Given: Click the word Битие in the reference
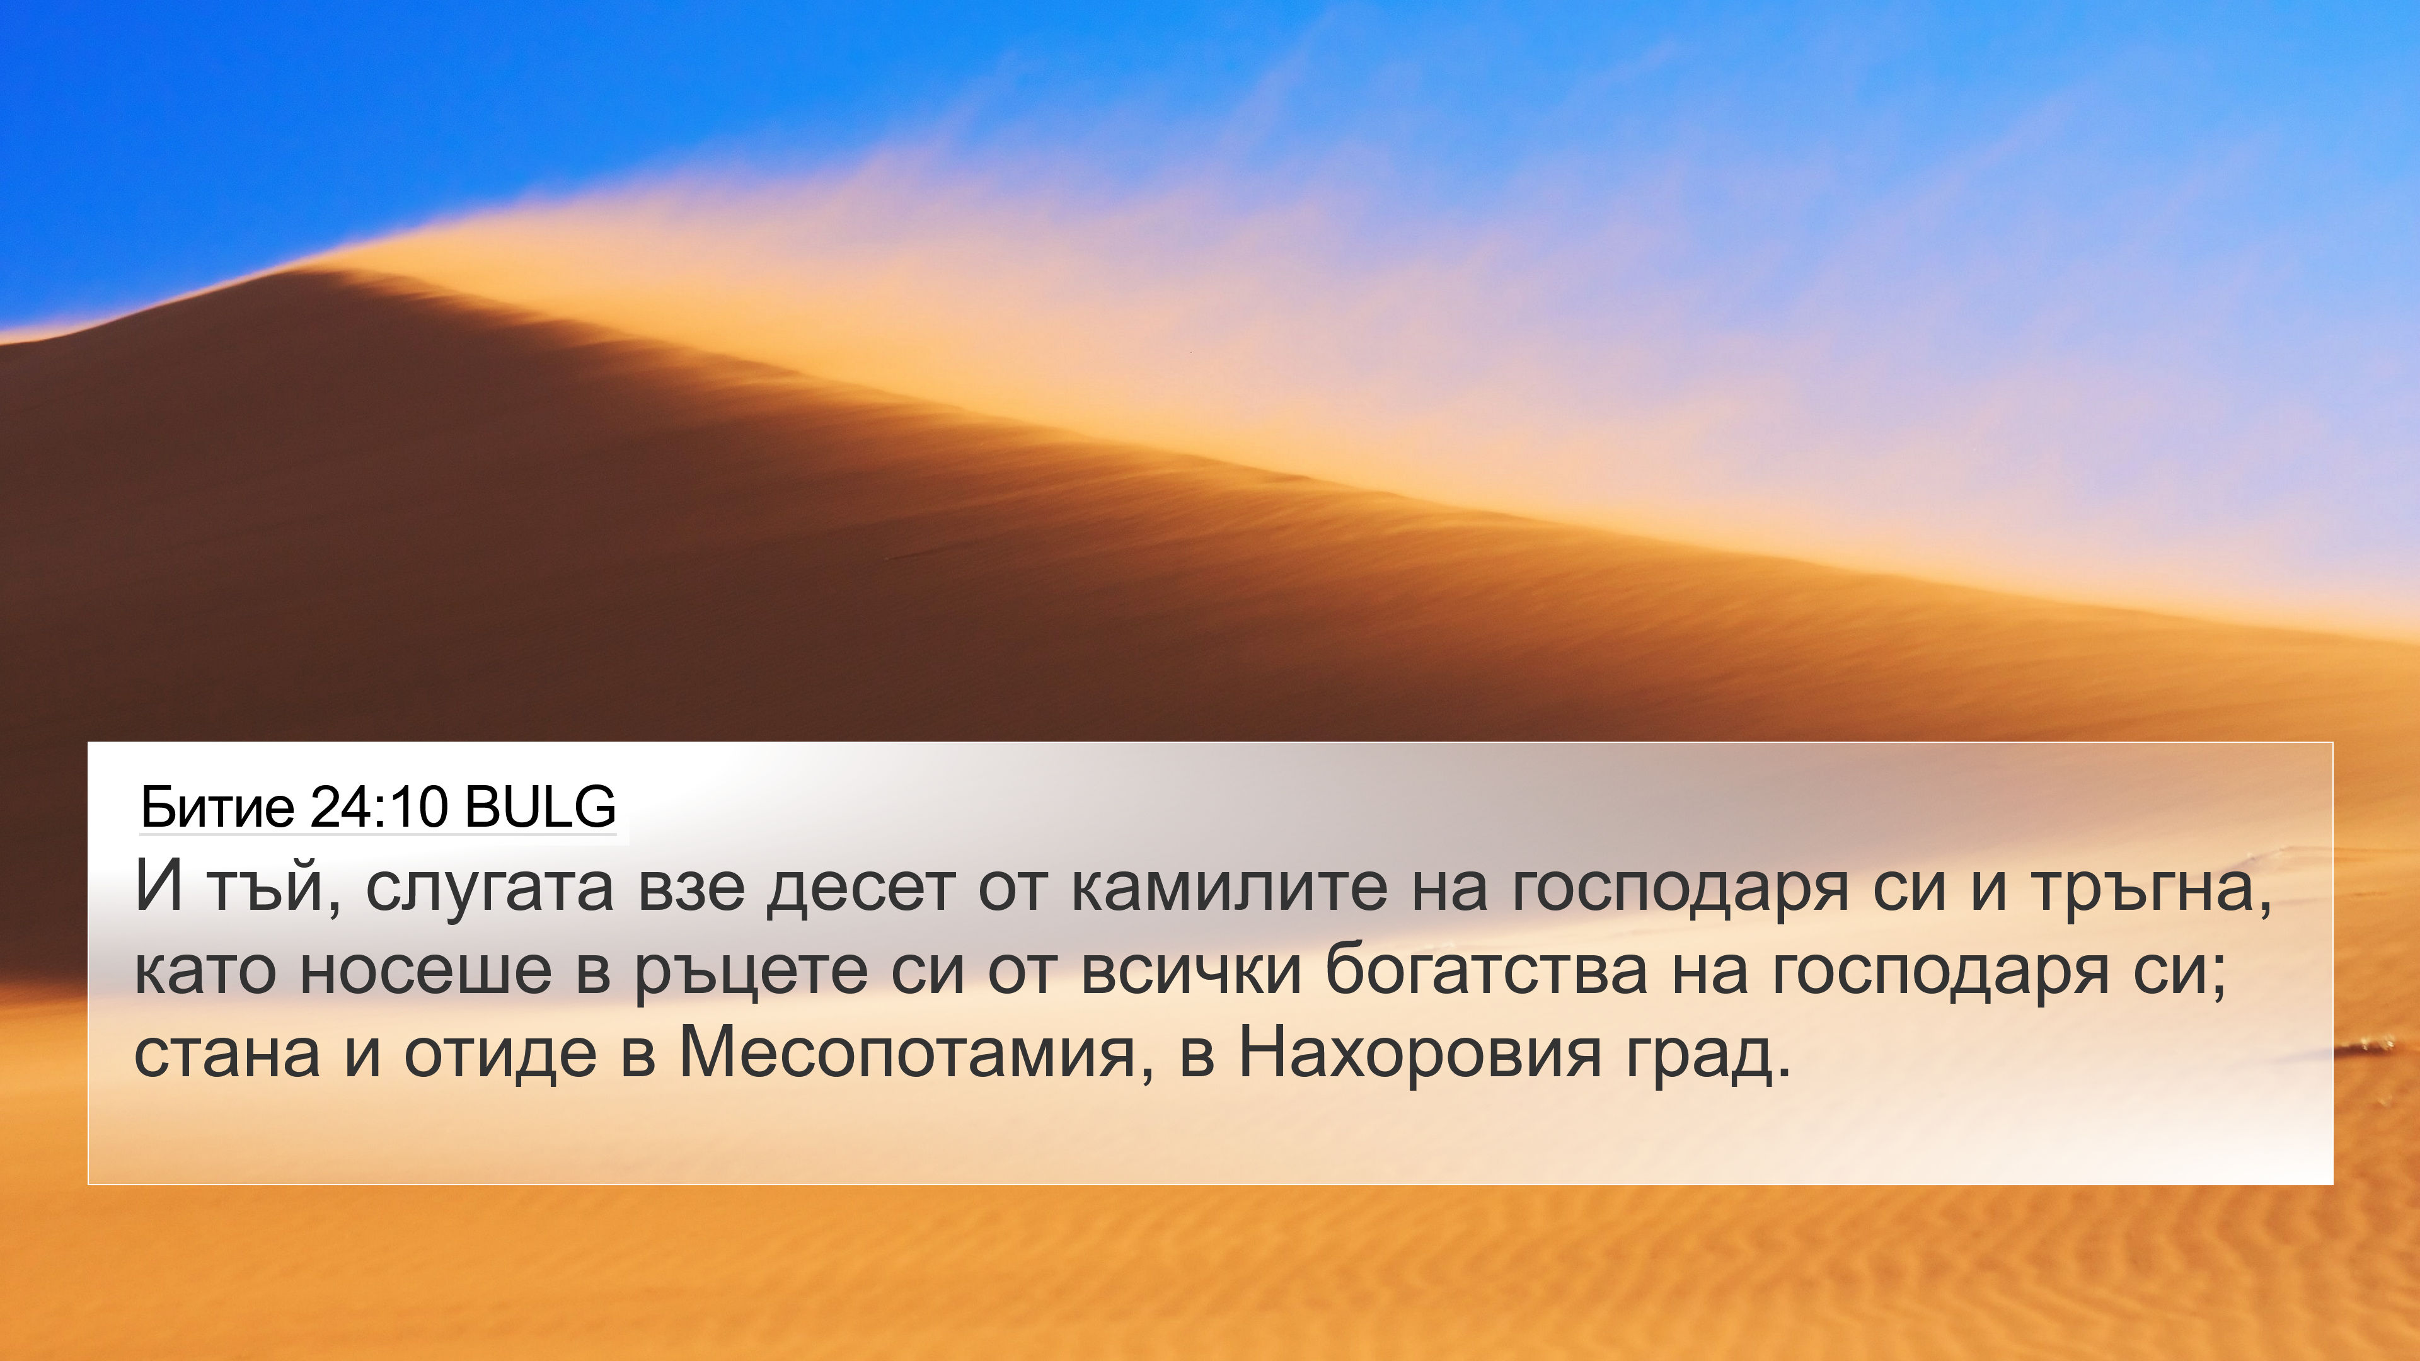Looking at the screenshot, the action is tap(217, 806).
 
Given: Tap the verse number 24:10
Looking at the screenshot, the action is tap(377, 806).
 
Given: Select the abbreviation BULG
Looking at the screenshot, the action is tap(540, 806).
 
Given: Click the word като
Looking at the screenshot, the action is tap(205, 971).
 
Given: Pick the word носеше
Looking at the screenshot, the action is tap(425, 971).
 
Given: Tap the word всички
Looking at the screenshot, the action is tap(1191, 971).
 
